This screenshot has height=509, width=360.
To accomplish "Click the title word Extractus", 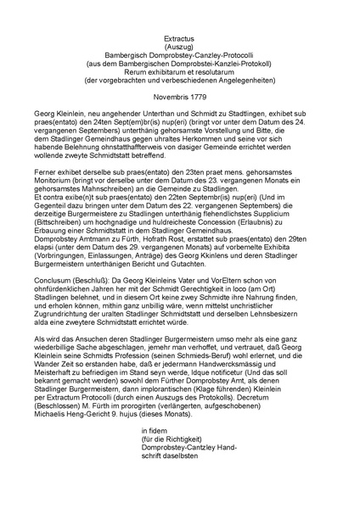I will coord(180,39).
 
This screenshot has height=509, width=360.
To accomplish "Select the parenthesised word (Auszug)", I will coord(180,48).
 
